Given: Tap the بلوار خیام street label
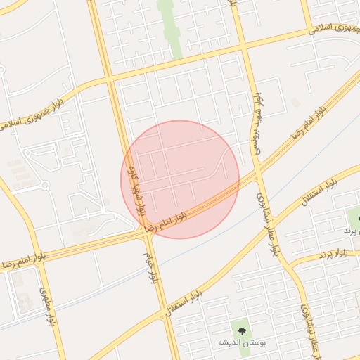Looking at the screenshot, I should click(x=150, y=267).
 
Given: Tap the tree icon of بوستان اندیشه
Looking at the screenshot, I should click(x=241, y=328).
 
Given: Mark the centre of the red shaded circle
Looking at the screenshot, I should click(x=181, y=179).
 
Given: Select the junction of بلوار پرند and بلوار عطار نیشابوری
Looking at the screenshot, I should click(x=289, y=262).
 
